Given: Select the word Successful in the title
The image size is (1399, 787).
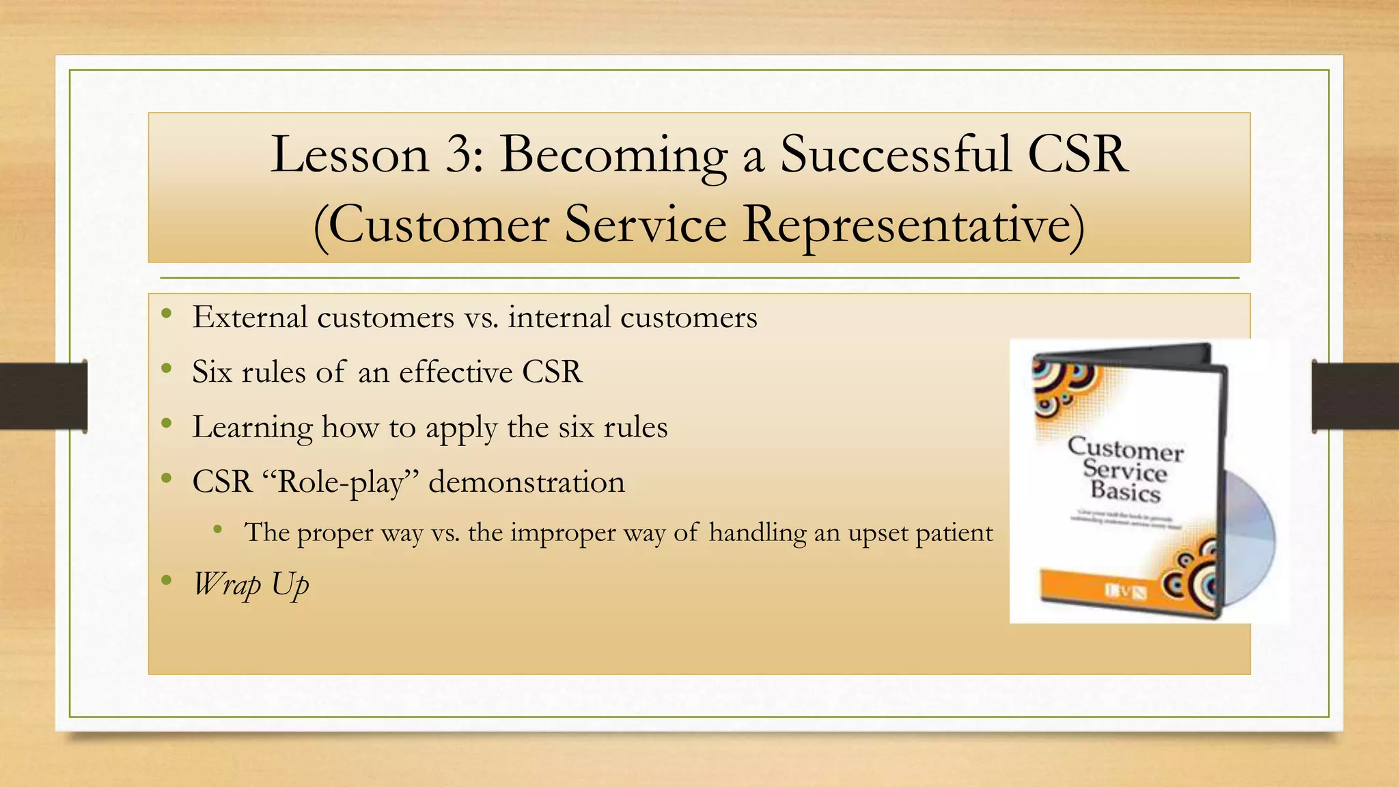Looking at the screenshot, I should pos(895,154).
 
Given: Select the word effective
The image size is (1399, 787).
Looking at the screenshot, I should pos(456,372).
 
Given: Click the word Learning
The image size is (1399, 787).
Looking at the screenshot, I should pos(252,428).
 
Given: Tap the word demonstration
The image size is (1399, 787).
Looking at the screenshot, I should pos(526,482).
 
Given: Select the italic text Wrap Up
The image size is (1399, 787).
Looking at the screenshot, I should pos(251,585).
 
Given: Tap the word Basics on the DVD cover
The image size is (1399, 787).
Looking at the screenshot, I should pos(1125,492).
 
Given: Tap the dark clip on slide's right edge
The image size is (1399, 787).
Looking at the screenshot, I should pos(1355,396).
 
